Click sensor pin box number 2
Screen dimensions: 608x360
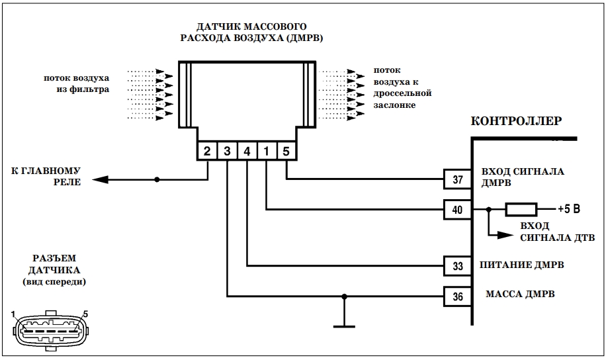click(x=207, y=151)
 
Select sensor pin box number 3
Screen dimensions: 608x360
click(x=227, y=151)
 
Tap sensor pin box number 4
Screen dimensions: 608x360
click(x=247, y=151)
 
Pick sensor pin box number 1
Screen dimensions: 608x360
click(x=267, y=151)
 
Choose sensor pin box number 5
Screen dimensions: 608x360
click(x=286, y=151)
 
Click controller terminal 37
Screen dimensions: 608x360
click(x=458, y=179)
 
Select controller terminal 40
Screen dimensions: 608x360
click(x=458, y=210)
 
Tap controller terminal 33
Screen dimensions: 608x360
click(x=458, y=266)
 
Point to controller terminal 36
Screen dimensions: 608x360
click(x=458, y=296)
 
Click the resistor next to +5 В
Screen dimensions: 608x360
click(x=521, y=210)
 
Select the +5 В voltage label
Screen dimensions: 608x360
click(x=569, y=209)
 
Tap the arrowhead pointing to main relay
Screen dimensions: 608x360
click(x=101, y=179)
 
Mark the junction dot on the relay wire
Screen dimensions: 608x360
click(x=157, y=179)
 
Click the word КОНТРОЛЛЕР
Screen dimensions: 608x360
click(x=516, y=121)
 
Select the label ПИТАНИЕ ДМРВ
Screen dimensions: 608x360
click(x=521, y=265)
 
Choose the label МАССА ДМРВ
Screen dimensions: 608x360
click(x=520, y=294)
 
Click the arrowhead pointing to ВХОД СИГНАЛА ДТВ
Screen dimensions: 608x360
click(x=505, y=235)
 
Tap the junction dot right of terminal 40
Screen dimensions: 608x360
click(x=488, y=210)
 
